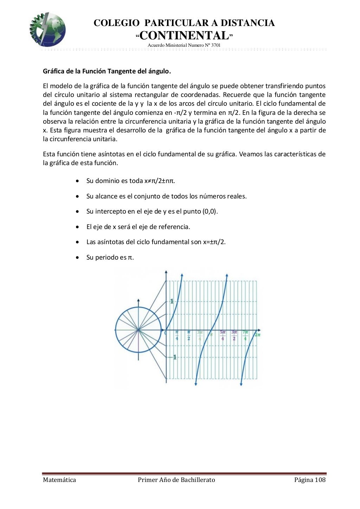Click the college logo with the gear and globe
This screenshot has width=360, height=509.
point(47,30)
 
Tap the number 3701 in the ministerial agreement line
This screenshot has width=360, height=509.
point(215,45)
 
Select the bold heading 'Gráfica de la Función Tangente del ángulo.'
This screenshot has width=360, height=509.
point(107,71)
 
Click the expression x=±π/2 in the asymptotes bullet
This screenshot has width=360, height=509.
point(214,242)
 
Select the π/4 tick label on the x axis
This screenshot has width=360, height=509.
point(177,335)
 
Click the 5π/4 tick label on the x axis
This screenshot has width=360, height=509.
point(223,335)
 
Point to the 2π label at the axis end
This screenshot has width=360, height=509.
point(257,335)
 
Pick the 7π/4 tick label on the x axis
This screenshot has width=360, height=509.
point(245,335)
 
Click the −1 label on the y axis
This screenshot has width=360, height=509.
point(173,357)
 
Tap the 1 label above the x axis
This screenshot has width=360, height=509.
point(172,301)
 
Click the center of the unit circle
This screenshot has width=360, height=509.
point(139,330)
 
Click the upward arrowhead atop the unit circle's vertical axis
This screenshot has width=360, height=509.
point(139,301)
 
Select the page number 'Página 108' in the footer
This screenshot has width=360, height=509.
point(310,480)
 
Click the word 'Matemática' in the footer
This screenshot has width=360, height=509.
point(59,480)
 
